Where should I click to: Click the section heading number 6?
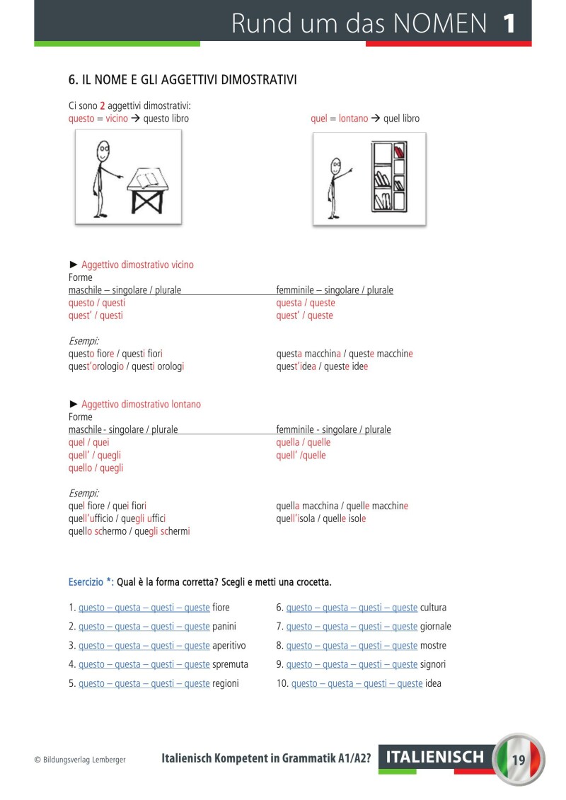[72, 80]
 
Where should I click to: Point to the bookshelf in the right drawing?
[388, 177]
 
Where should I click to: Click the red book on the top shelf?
[398, 151]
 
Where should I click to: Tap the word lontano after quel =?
[353, 118]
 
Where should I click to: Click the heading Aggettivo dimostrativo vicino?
[137, 265]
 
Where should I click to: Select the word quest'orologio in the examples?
[96, 366]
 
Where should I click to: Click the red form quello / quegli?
[96, 468]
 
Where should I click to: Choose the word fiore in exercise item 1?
[221, 607]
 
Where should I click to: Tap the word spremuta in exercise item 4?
[230, 664]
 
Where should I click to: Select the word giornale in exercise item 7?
[435, 626]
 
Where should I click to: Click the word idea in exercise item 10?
[433, 683]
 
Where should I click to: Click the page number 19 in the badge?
[519, 760]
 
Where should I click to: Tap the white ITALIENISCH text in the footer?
[435, 758]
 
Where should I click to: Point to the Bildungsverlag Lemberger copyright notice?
[80, 760]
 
